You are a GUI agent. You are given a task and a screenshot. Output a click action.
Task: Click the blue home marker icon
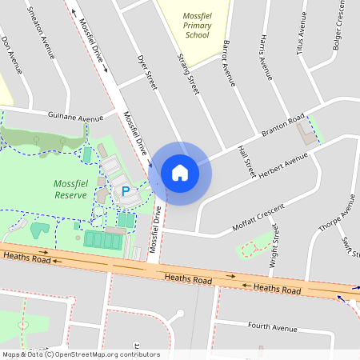click(180, 172)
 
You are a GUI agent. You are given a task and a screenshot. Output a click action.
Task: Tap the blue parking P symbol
click(126, 191)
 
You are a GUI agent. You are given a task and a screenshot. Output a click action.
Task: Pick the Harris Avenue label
click(264, 59)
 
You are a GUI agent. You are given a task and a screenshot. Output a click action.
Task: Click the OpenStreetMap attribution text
click(80, 354)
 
